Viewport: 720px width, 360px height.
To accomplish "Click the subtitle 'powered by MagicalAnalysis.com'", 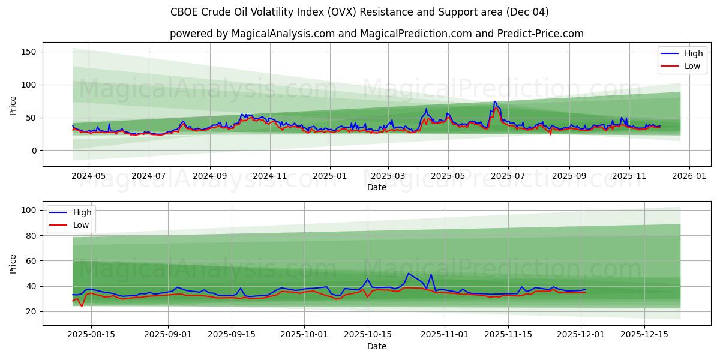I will click(376, 34).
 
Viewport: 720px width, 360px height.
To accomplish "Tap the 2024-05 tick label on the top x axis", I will click(88, 176).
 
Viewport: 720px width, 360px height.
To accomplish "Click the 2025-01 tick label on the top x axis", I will click(329, 176).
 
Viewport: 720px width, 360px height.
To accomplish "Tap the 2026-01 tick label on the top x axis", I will click(689, 176).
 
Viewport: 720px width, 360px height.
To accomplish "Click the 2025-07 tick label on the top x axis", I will click(508, 176).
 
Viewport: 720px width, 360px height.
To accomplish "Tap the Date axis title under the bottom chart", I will click(376, 346).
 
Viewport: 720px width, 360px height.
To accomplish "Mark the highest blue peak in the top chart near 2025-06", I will click(495, 101).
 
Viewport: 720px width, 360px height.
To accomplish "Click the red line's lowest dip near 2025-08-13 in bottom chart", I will click(82, 307).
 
